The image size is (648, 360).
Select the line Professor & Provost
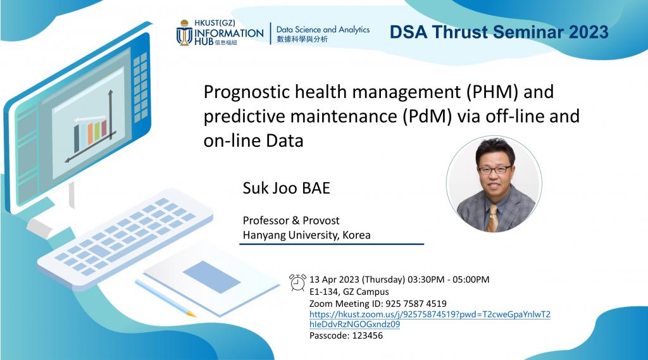pos(291,220)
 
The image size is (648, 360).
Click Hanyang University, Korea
pos(306,235)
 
